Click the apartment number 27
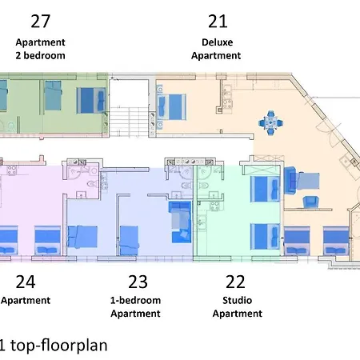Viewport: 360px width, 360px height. coord(41,22)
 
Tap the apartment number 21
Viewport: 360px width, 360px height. coord(218,22)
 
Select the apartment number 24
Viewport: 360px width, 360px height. coord(26,282)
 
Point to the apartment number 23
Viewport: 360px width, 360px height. coord(138,282)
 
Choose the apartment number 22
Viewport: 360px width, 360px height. coord(235,282)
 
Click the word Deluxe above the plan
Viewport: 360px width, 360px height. coord(218,42)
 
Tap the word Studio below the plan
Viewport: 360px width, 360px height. coord(238,300)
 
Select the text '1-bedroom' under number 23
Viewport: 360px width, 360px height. coord(135,300)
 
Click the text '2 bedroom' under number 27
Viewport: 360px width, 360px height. coord(40,55)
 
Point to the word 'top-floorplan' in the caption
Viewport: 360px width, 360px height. coord(59,345)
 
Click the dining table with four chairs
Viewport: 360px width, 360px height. coord(270,123)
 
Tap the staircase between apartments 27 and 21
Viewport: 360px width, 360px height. coord(129,122)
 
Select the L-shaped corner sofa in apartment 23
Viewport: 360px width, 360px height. coord(180,222)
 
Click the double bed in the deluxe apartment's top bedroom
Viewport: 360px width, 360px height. coord(172,107)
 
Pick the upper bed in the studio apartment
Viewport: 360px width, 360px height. coord(265,189)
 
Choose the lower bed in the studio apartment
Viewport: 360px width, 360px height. coord(265,237)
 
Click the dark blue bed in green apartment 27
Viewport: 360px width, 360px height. coord(91,101)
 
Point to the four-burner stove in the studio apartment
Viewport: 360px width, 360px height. coord(214,206)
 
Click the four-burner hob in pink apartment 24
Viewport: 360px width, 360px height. coord(12,170)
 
